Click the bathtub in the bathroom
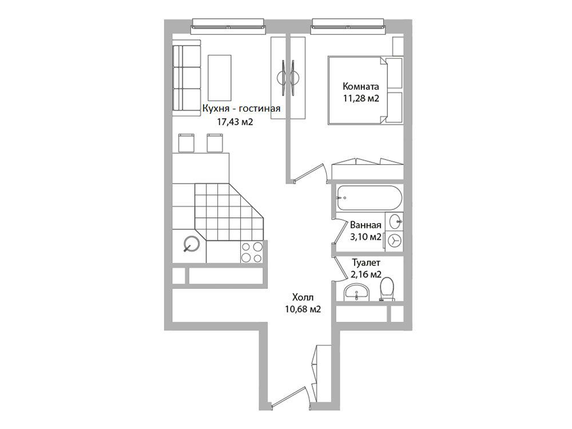pos(370,198)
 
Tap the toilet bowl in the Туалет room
pos(387,289)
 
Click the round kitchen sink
pos(192,244)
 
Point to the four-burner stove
pos(252,252)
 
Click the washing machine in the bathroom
pos(394,240)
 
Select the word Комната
pos(361,86)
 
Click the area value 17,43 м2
pos(235,122)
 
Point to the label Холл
pos(303,297)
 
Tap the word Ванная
pos(366,225)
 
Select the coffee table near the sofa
pos(219,78)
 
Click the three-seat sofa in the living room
pos(186,78)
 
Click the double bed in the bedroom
pos(366,90)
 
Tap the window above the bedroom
pos(348,27)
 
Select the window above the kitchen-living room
pos(228,27)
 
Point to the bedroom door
pos(309,173)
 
